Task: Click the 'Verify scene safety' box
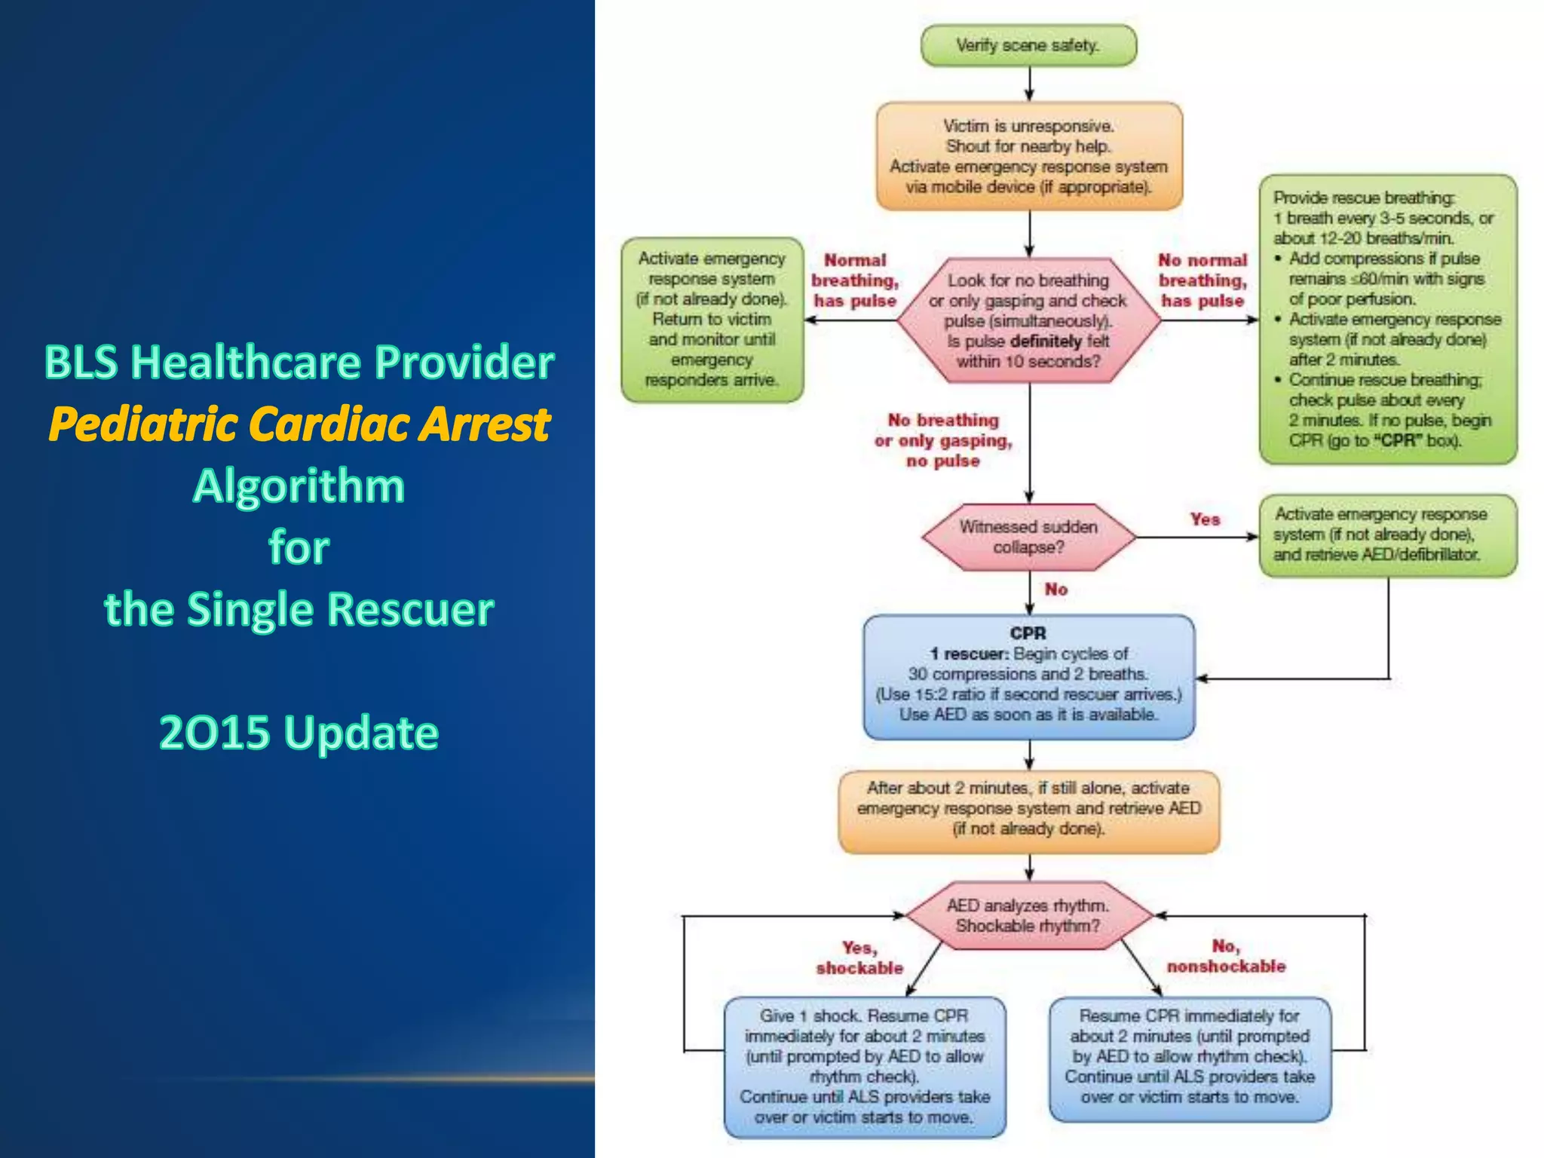pos(1028,45)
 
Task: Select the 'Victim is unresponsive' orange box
pos(1028,156)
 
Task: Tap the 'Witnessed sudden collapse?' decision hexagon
pos(1028,537)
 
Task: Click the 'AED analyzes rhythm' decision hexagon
pos(1028,915)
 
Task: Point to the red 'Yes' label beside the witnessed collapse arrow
pos(1205,519)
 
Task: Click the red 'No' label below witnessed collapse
pos(1055,590)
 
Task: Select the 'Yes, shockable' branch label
pos(859,957)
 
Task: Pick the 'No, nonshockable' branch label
pos(1226,956)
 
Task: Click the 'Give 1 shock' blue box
pos(864,1066)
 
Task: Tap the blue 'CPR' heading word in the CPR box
pos(1028,633)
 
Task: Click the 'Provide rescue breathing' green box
pos(1387,319)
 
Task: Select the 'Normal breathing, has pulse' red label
pos(855,280)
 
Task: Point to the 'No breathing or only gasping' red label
pos(943,440)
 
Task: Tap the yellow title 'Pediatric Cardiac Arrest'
pos(299,424)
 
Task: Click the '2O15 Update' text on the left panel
pos(299,732)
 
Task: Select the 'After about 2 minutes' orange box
pos(1028,809)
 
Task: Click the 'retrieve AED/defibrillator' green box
pos(1387,535)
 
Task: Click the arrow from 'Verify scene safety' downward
pos(1029,84)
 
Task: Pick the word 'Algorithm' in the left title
pos(299,486)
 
